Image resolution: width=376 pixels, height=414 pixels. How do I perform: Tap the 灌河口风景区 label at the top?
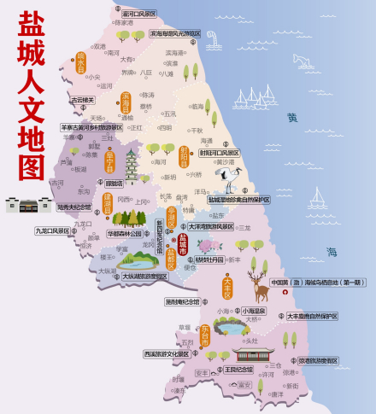click(139, 14)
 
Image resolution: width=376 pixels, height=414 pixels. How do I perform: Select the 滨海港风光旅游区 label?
click(176, 34)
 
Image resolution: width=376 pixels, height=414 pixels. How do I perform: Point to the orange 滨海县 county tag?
click(126, 103)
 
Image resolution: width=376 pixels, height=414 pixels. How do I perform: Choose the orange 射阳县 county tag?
click(183, 157)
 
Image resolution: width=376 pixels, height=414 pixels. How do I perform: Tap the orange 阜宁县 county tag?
click(109, 163)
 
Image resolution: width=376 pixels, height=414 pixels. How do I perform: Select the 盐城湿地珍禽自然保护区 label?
click(239, 200)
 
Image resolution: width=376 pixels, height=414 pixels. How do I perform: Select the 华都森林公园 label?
click(125, 233)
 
